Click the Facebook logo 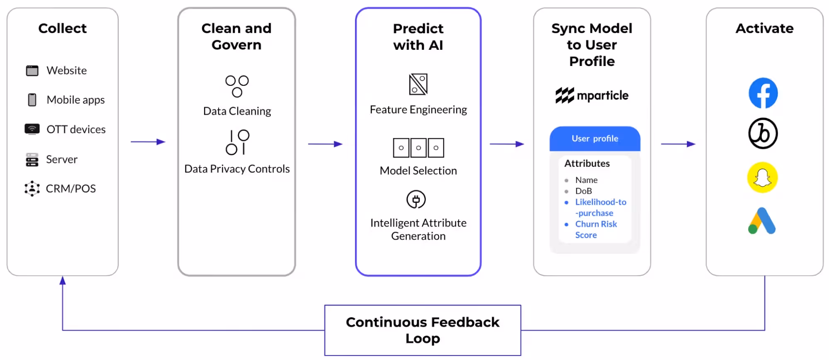(763, 93)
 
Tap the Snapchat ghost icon (762, 178)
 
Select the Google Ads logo (762, 221)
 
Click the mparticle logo (592, 95)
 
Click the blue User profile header (595, 139)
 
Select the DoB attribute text (583, 191)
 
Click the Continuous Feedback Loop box (423, 330)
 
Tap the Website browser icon (32, 71)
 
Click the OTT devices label (76, 129)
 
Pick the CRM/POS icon (32, 189)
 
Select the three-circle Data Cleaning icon (237, 86)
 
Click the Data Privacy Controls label (237, 169)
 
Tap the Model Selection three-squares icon (418, 148)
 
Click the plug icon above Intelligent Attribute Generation (416, 199)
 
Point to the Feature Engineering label (418, 110)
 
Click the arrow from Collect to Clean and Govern (148, 142)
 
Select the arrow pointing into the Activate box (678, 144)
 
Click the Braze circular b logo (763, 134)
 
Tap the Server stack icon (32, 160)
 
